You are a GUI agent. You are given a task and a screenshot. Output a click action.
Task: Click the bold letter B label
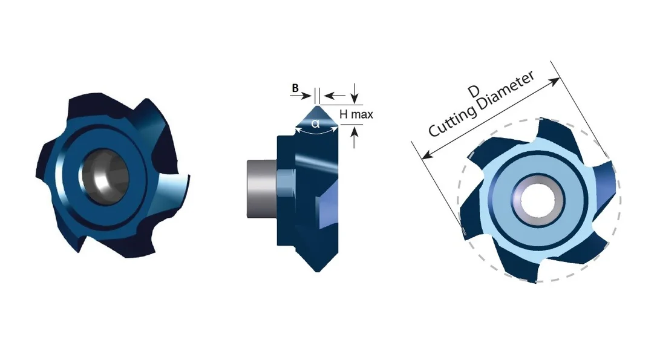295,88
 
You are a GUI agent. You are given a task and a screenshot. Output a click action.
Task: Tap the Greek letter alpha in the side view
316,123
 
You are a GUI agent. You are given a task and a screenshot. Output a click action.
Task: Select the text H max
356,114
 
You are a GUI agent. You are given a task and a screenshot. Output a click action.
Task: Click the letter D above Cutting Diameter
474,91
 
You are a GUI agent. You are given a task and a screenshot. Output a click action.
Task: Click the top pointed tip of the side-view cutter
317,106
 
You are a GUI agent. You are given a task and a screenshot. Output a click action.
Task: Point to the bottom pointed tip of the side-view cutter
318,270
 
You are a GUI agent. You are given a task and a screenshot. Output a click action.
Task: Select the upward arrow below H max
355,137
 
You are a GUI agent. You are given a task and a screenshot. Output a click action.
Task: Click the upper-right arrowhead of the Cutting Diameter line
555,82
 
